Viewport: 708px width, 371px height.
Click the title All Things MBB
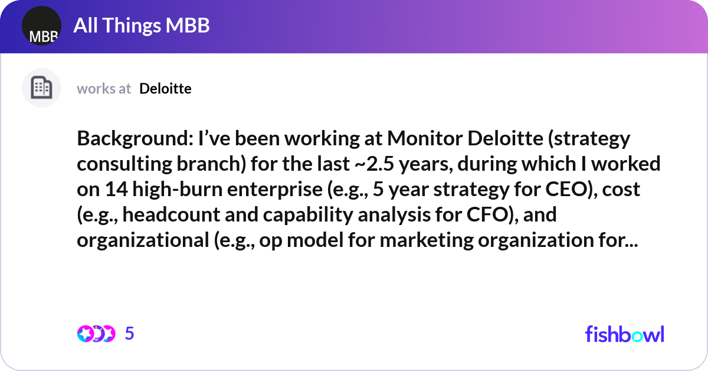tap(141, 26)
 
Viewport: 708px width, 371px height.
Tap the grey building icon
tap(41, 88)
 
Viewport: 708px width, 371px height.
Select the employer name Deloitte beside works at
tap(165, 89)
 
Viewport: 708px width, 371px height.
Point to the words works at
tap(104, 89)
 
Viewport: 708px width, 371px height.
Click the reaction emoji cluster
tap(96, 334)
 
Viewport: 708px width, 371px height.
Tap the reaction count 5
tap(130, 334)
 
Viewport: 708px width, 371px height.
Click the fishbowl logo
tap(624, 334)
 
